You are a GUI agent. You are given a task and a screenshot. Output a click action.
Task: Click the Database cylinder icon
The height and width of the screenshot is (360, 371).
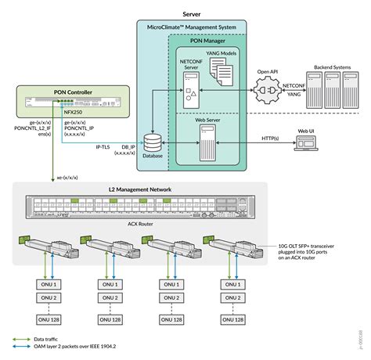[x=153, y=144]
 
